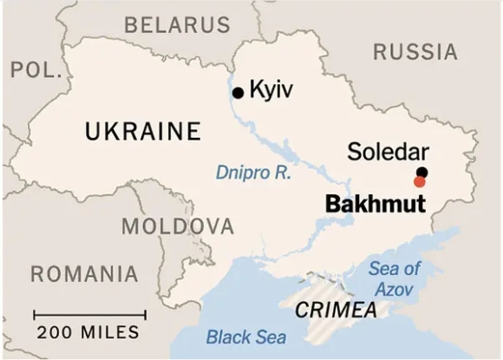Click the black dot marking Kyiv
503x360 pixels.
coord(238,91)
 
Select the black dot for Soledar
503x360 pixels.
coord(421,172)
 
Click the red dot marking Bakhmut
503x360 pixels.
coord(420,181)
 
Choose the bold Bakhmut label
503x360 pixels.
coord(375,205)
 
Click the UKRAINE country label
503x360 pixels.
coord(143,132)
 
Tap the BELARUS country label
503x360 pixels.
coord(178,24)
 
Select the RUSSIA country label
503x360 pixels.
coord(415,52)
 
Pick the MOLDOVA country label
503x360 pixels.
coord(178,227)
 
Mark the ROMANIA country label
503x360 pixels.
coord(84,274)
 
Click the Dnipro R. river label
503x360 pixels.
coord(254,173)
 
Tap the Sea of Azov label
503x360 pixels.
coord(395,278)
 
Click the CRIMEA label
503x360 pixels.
coord(336,311)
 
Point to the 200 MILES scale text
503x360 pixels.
coord(88,332)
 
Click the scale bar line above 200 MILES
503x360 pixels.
coord(88,314)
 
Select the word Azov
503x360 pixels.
coord(395,288)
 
